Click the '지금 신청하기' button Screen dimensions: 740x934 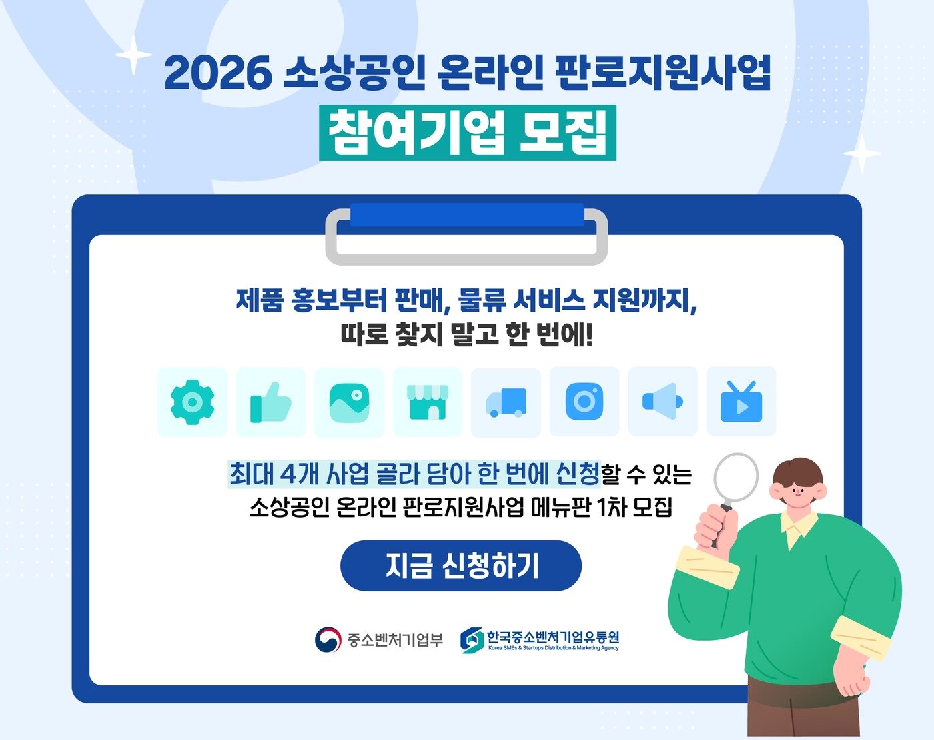[x=461, y=566]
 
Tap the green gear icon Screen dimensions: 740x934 [x=192, y=402]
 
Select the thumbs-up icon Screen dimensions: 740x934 [x=270, y=402]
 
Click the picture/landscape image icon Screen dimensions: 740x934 [x=349, y=402]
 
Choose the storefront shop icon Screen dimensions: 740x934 [x=428, y=402]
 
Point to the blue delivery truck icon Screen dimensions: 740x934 [x=506, y=402]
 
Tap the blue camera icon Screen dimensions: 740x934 [x=584, y=402]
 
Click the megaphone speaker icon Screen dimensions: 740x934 [x=662, y=402]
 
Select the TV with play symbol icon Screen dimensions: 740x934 [x=741, y=402]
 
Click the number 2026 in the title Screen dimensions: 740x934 [x=217, y=73]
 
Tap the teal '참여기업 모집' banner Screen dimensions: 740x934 [x=467, y=132]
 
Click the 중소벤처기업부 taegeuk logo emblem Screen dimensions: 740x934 [x=328, y=640]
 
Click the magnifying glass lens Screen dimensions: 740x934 [x=737, y=478]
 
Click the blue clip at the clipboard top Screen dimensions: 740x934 [x=467, y=215]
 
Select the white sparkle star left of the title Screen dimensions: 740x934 [x=134, y=53]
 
